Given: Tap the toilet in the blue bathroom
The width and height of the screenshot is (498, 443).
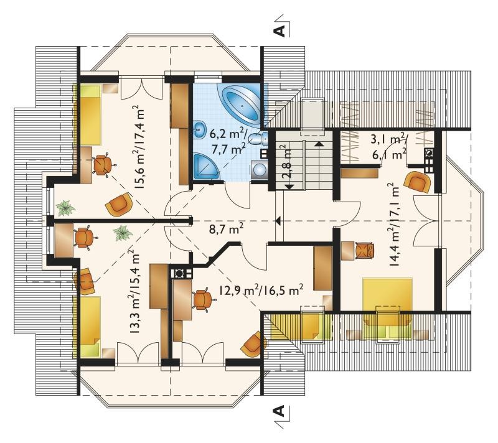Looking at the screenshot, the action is tap(257, 139).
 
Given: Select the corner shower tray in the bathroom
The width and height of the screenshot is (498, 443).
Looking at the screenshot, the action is tap(206, 165).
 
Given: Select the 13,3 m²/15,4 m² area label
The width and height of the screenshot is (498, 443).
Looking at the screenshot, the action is tap(134, 291).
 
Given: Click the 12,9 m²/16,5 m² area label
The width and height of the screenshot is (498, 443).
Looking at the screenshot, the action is tap(261, 290).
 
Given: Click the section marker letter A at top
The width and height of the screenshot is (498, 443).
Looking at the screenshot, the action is tap(280, 30).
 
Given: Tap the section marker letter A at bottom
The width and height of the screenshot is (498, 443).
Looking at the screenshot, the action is tap(280, 411).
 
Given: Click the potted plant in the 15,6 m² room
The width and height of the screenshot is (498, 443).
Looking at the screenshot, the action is tap(65, 208).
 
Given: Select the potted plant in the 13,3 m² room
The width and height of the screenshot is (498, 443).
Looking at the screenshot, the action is tap(123, 233).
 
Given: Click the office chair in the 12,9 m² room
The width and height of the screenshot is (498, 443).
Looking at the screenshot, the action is tap(202, 299).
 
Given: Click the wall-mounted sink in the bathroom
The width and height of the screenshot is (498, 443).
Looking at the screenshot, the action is tap(199, 129).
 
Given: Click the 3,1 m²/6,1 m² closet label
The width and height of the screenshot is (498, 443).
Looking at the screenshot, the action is tap(388, 147).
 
